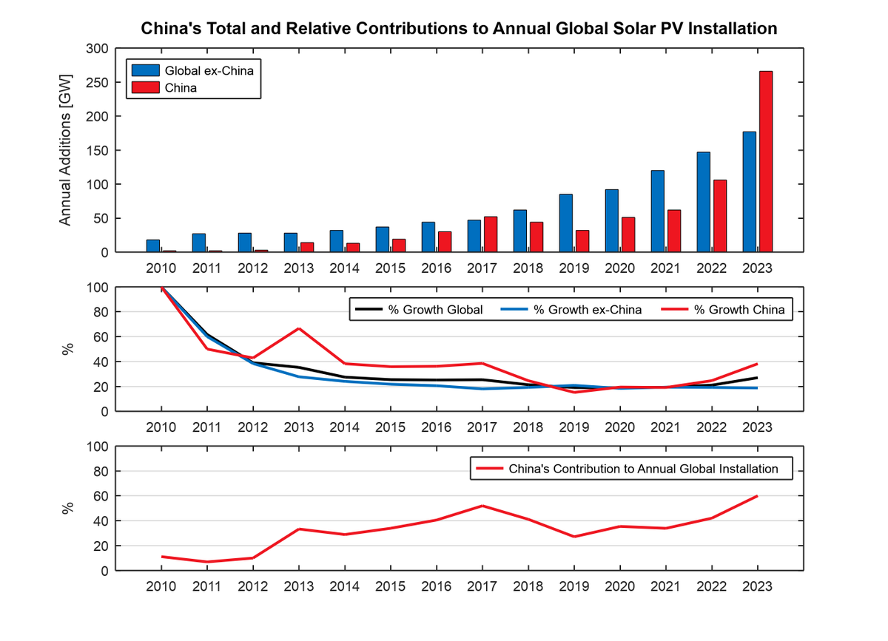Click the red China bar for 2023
click(765, 162)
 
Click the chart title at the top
click(459, 29)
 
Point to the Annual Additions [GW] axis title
click(65, 150)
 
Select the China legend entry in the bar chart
click(180, 87)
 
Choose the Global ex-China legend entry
click(213, 71)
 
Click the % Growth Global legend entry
click(435, 310)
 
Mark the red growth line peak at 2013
click(298, 328)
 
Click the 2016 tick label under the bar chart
click(436, 266)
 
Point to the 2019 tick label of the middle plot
click(573, 427)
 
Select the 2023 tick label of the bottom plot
click(757, 586)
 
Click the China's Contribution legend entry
click(643, 469)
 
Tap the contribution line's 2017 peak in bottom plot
click(482, 506)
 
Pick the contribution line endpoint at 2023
click(757, 496)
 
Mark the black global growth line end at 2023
click(757, 378)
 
